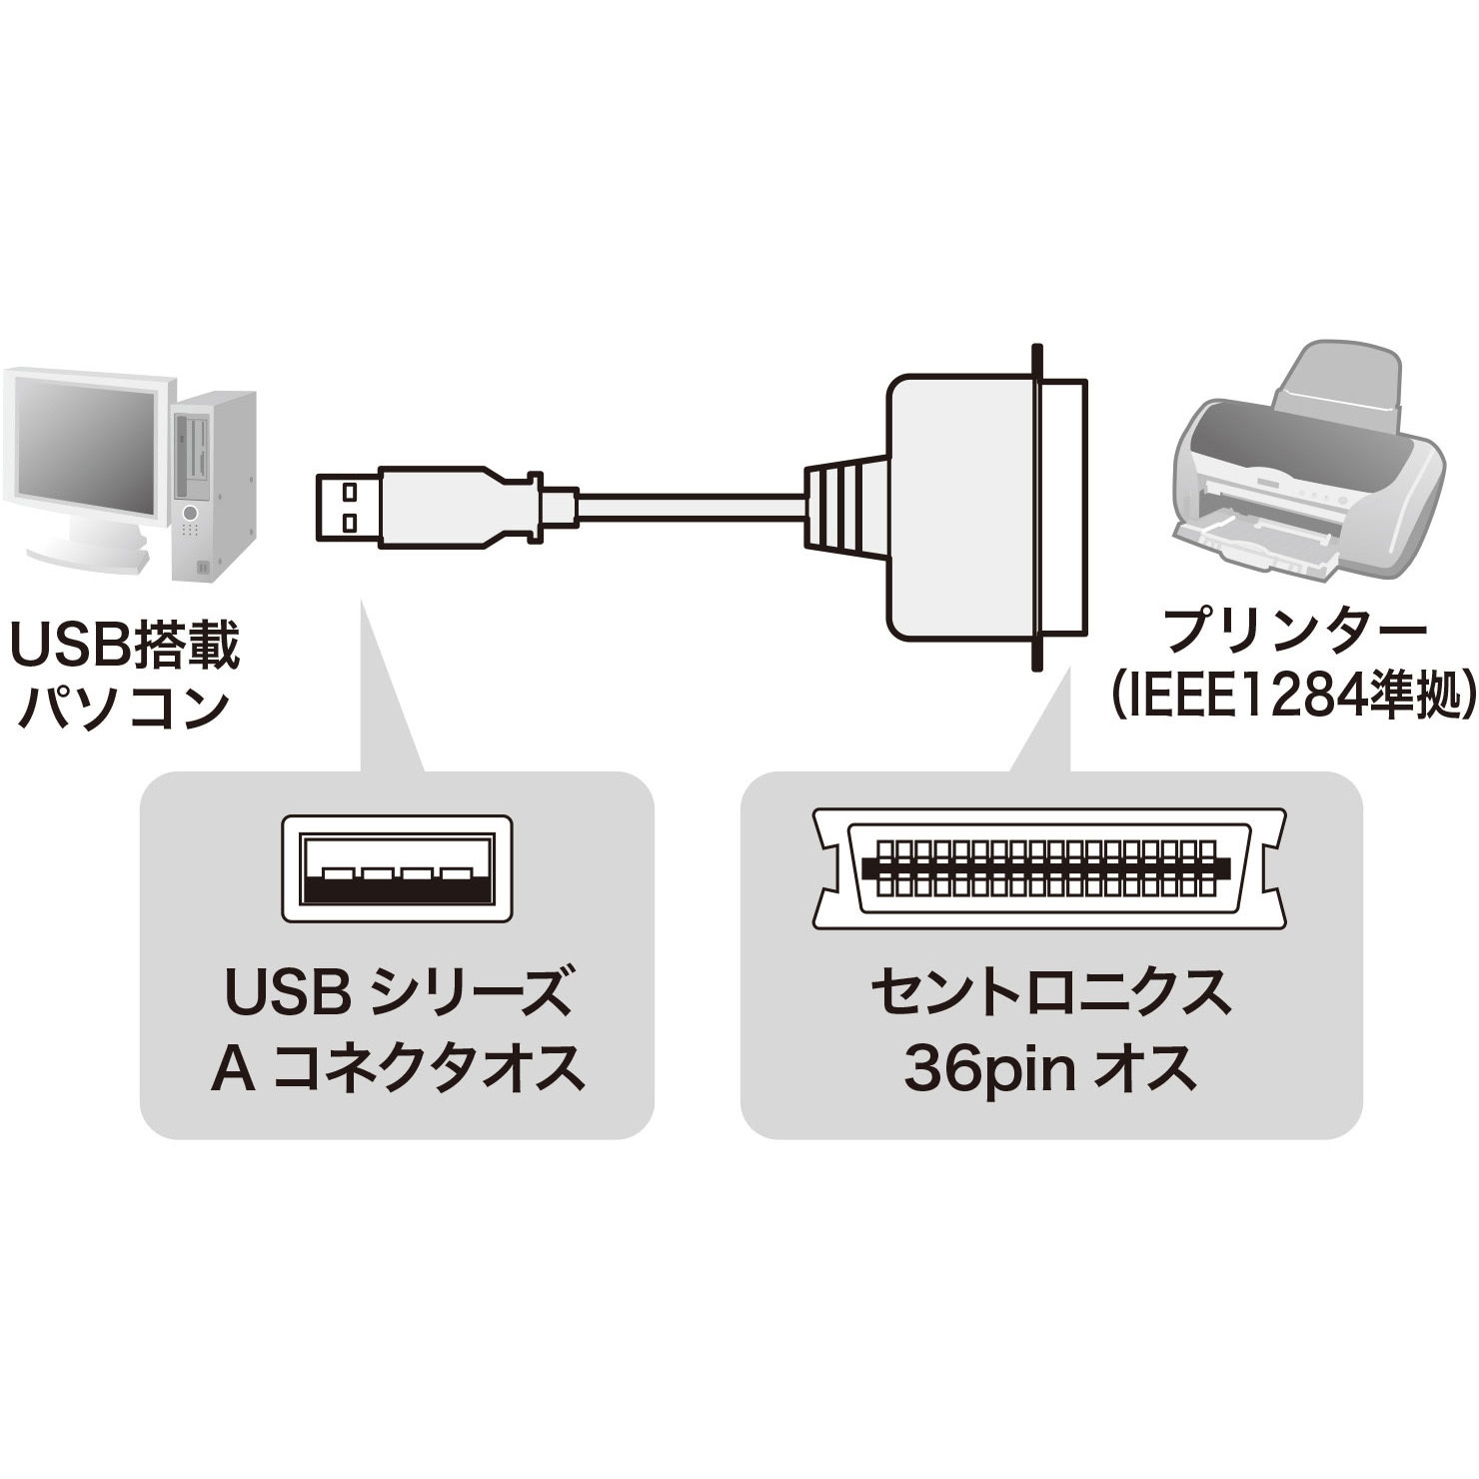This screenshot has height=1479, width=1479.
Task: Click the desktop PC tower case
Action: coord(214,486)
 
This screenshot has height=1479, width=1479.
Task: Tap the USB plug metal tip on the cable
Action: coord(348,507)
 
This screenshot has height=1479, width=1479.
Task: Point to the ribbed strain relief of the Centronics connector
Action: coord(845,507)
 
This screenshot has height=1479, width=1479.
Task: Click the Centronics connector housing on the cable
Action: coord(984,508)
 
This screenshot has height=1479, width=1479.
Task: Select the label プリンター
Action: coord(1296,631)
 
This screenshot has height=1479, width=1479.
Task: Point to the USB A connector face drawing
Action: coord(397,868)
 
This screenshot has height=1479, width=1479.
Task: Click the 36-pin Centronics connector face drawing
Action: coord(1048,867)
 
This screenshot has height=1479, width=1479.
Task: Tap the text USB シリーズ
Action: coord(398,991)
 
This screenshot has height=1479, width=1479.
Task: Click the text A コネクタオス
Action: coord(398,1067)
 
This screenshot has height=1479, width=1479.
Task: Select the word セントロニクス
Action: coord(1050,992)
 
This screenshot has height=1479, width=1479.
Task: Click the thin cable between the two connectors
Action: coord(691,507)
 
